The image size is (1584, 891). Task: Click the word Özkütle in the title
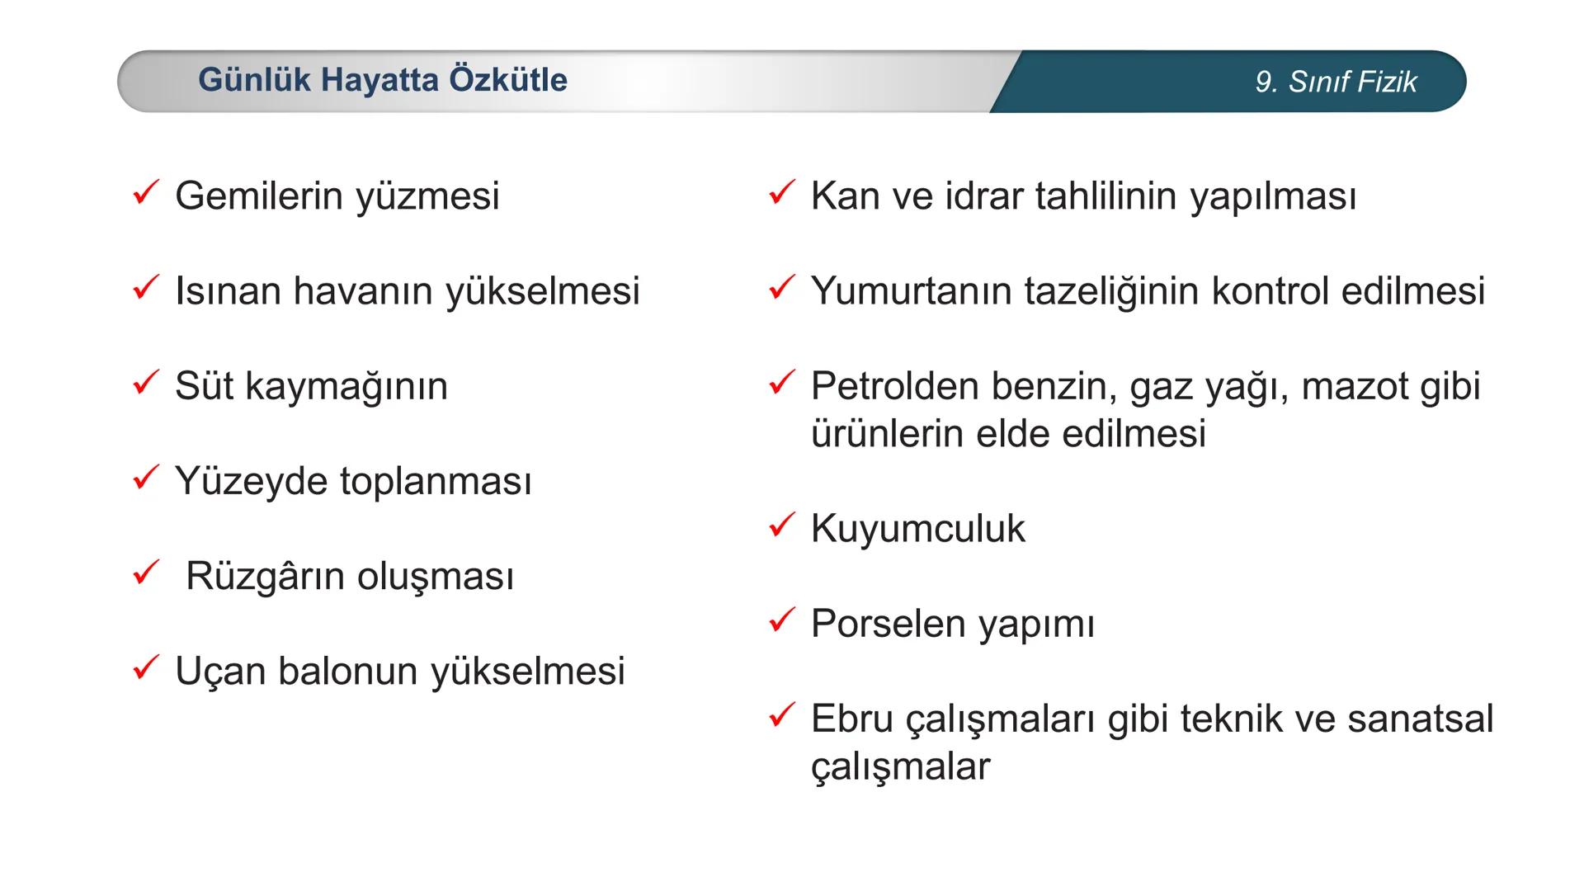[508, 80]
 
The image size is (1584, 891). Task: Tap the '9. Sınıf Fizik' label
[1336, 82]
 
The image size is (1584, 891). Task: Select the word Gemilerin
[258, 196]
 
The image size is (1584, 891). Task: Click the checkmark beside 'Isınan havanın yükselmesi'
[146, 288]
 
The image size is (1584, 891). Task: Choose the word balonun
[349, 672]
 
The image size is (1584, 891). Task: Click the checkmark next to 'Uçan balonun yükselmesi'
[146, 667]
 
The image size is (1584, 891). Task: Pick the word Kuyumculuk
[917, 529]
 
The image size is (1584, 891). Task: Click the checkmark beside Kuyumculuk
[781, 525]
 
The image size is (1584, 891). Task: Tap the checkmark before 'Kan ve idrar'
[781, 193]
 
